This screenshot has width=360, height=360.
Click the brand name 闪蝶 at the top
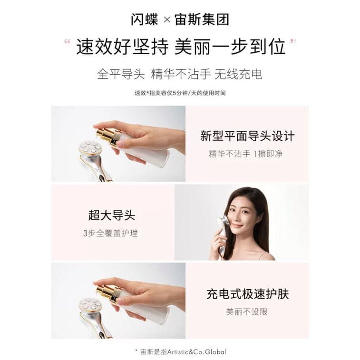pos(145,19)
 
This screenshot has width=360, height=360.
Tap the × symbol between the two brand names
pos(167,20)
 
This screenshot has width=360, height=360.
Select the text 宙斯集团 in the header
pos(202,19)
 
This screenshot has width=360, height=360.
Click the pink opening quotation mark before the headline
pos(67,42)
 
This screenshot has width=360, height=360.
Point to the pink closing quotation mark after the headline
pos(293,41)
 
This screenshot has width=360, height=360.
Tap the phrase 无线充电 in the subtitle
pos(238,74)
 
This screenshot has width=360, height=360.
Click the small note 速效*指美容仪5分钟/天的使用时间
pos(180,93)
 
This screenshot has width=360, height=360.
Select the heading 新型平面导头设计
pos(247,136)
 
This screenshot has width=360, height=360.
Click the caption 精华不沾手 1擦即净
pos(245,154)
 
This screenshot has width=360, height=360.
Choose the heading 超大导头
pos(112,215)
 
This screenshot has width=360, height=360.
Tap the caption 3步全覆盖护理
pos(110,233)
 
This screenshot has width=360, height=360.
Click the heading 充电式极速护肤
pos(247,294)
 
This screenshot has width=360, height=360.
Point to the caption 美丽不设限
pos(247,312)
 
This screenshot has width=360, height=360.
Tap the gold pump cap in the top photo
pos(108,137)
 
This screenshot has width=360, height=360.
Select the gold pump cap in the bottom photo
pos(108,294)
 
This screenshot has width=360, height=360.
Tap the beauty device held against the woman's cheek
pos(222,232)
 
